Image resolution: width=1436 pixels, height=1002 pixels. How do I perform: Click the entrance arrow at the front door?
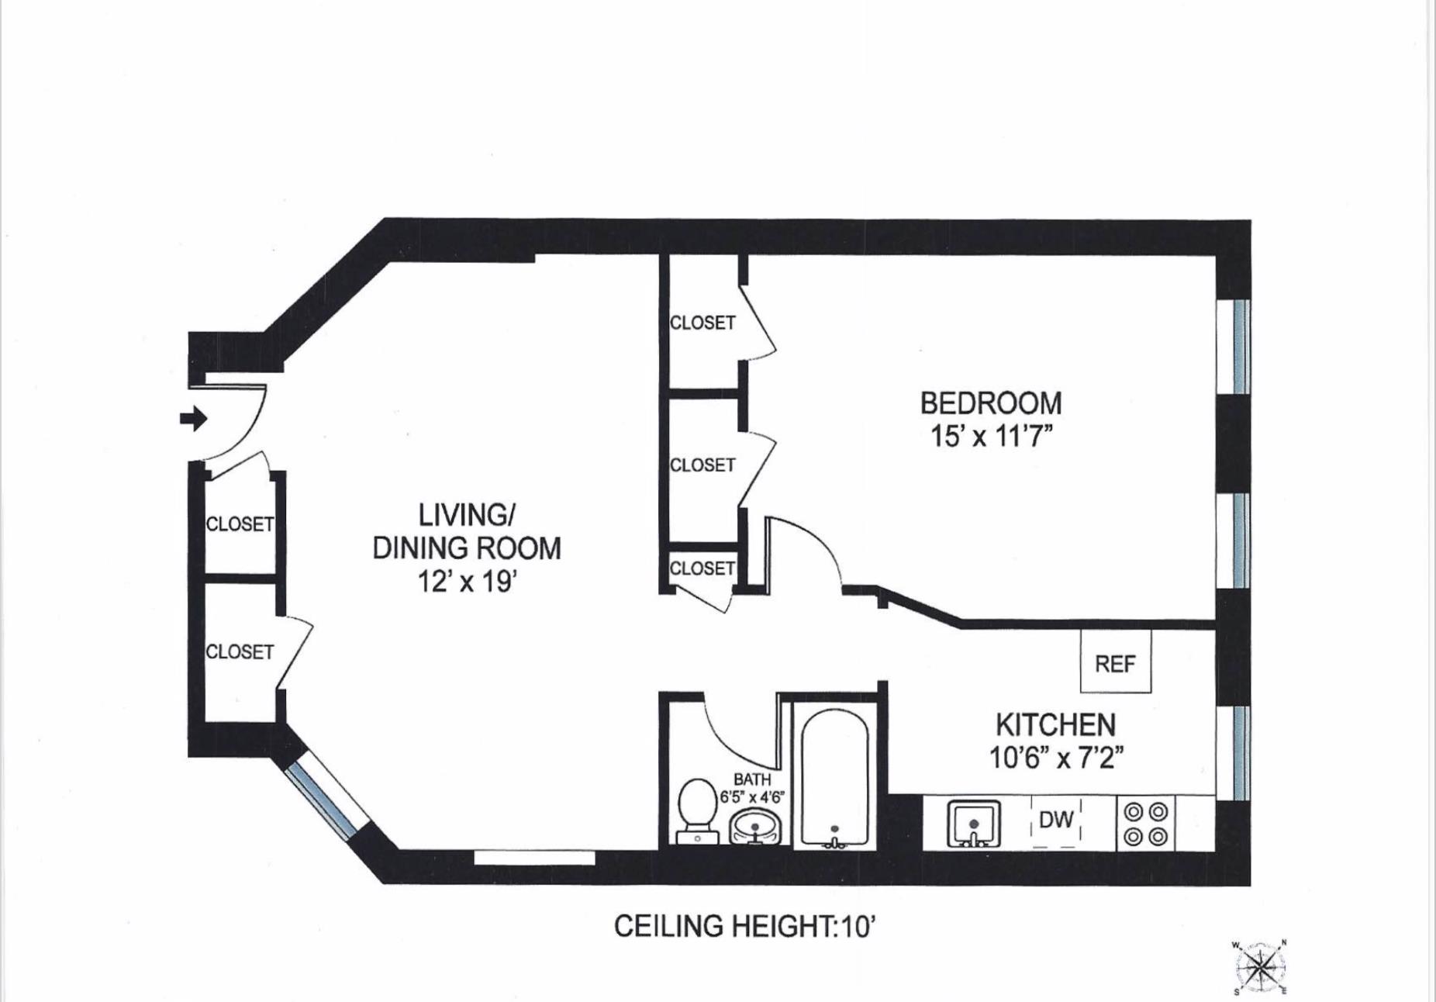tap(193, 419)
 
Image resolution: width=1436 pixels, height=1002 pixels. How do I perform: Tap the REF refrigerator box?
tap(1116, 662)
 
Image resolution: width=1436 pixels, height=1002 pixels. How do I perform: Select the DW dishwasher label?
tap(1056, 819)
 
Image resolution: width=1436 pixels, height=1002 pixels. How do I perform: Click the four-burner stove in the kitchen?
tap(1146, 824)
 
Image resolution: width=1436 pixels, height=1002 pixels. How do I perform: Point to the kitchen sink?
tap(974, 824)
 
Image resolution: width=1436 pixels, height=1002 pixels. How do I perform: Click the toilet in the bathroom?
tap(697, 811)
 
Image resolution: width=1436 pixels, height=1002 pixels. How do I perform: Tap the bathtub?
tap(834, 778)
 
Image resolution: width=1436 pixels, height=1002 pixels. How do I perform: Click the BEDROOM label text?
tap(991, 403)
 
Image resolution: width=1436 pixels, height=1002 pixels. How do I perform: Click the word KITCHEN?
tap(1055, 725)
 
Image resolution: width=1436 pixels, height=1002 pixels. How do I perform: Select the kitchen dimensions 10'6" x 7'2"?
tap(1056, 757)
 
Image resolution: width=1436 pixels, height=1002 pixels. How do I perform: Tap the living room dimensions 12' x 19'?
tap(467, 581)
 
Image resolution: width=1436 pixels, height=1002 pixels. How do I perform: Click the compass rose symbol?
tap(1259, 967)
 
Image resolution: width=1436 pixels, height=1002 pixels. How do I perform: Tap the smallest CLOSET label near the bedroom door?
tap(702, 568)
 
